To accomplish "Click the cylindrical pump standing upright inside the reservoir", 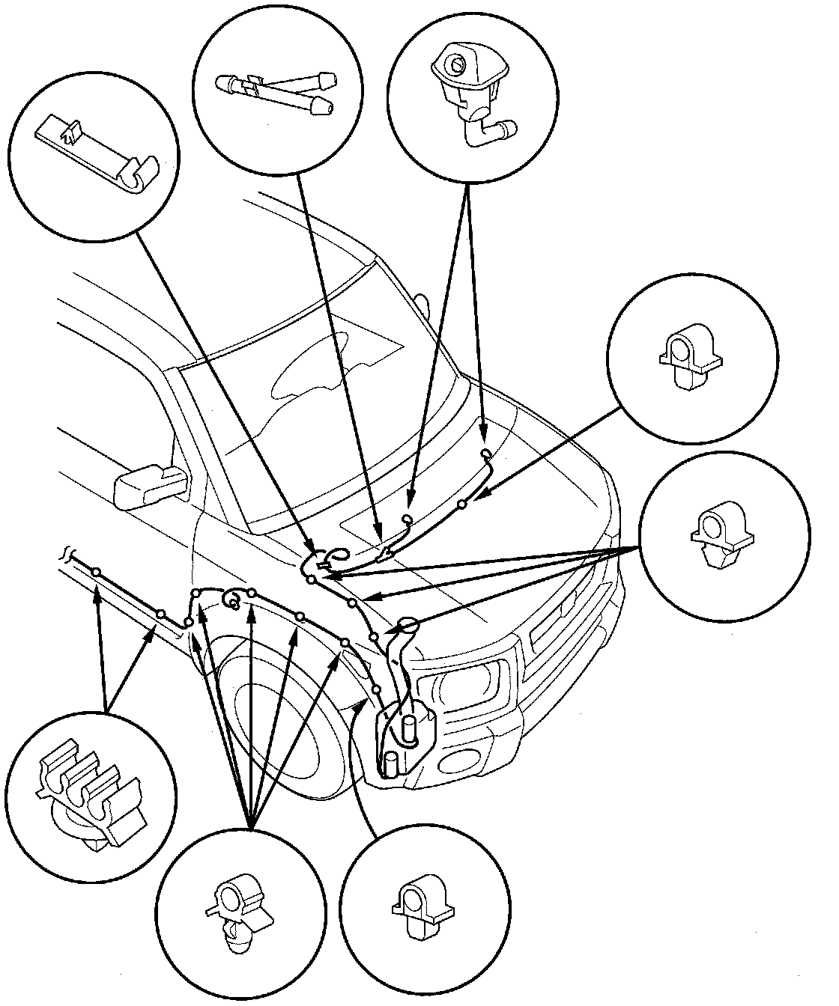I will point(409,730).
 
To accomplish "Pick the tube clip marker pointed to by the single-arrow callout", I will point(462,504).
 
